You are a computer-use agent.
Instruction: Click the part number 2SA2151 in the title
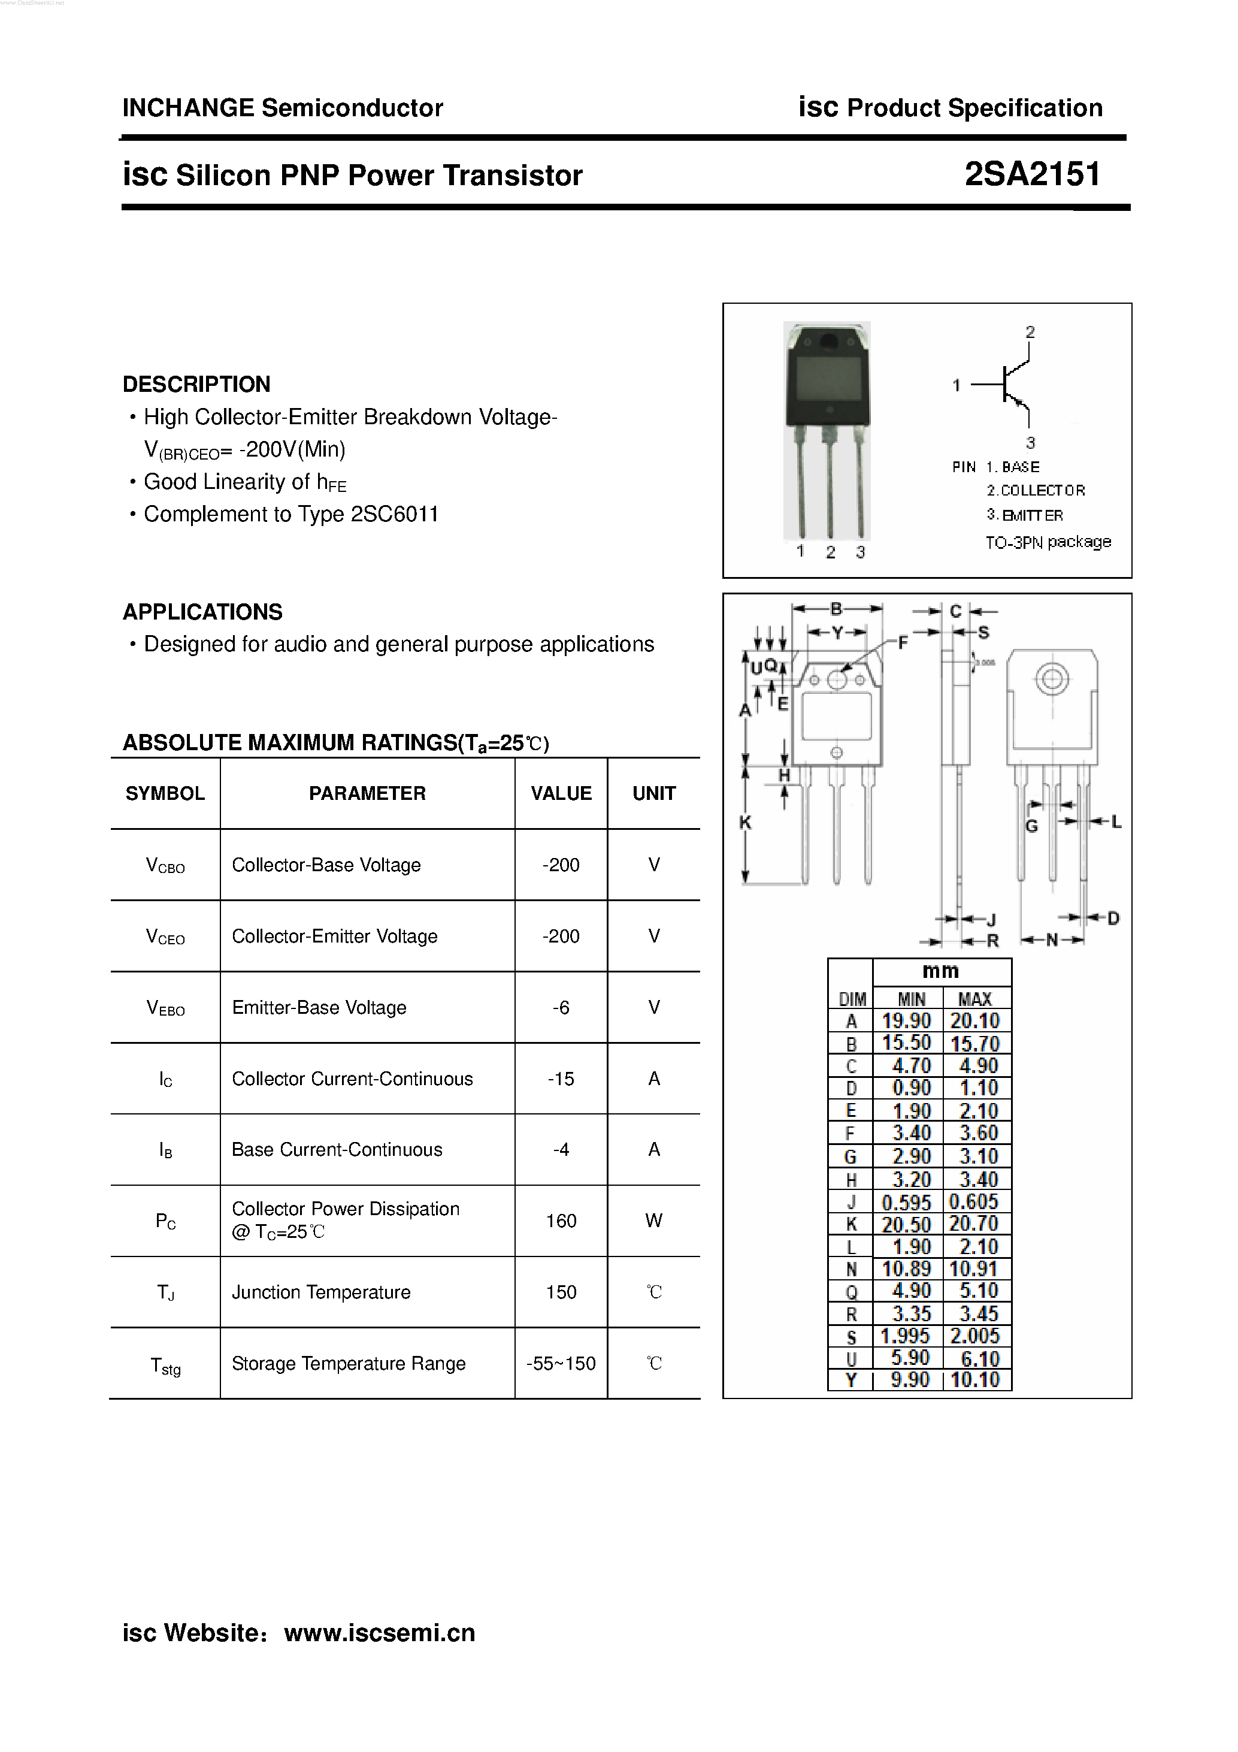(1032, 175)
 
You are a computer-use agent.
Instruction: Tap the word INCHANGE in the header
(187, 108)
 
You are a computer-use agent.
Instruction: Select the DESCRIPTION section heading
(196, 384)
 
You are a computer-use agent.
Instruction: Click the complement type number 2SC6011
(394, 514)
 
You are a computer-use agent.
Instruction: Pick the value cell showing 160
(561, 1221)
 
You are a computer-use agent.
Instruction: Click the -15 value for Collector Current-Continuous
(561, 1078)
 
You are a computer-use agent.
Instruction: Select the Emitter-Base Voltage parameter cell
(319, 1007)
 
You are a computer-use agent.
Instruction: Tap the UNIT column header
(653, 793)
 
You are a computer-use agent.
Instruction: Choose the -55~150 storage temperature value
(561, 1364)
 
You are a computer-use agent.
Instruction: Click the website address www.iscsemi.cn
(379, 1632)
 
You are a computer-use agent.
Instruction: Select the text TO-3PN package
(1048, 542)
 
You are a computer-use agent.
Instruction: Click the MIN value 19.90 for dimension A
(906, 1021)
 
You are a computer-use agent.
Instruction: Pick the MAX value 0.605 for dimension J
(974, 1202)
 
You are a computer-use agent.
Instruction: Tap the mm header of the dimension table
(940, 971)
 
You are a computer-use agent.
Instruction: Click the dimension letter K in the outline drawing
(745, 823)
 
